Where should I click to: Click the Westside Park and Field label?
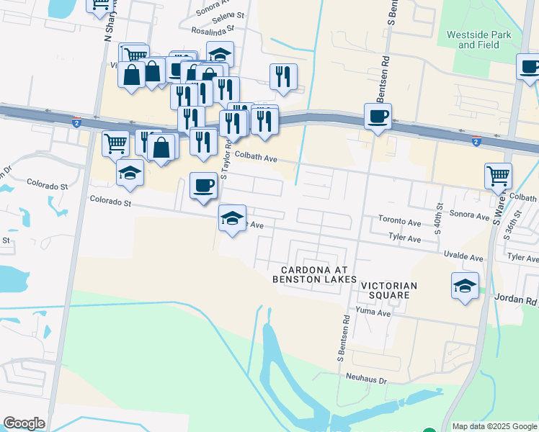tap(478, 40)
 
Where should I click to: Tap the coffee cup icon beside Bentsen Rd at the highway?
tap(378, 117)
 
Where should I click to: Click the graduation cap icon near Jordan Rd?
tap(465, 286)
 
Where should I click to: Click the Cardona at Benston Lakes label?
tap(314, 274)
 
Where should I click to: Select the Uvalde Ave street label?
tap(466, 257)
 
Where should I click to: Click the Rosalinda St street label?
tap(214, 30)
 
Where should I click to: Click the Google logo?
tap(24, 423)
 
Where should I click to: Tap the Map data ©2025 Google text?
tap(494, 426)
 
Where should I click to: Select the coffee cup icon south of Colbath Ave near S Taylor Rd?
tap(203, 186)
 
